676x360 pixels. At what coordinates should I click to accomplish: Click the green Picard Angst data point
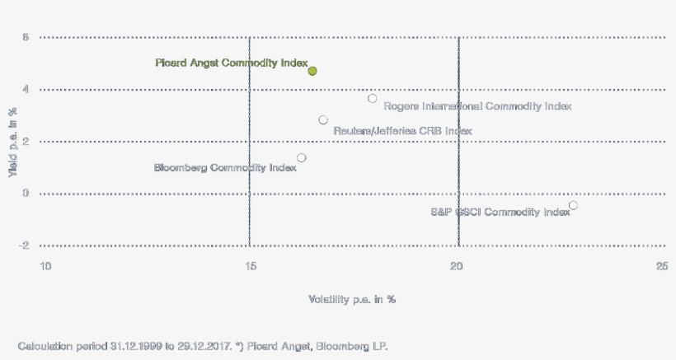point(312,71)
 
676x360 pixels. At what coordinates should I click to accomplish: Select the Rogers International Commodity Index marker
point(373,98)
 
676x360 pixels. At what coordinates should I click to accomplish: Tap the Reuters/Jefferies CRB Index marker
point(323,120)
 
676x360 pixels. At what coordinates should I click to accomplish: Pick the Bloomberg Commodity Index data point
point(302,157)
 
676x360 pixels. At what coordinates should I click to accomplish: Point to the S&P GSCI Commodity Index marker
point(573,205)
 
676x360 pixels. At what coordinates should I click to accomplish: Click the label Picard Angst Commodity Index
point(231,63)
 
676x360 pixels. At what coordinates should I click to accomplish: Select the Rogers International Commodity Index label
point(477,106)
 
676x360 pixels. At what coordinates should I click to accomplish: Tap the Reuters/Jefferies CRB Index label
point(402,131)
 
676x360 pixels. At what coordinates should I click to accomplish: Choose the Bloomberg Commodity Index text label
point(225,168)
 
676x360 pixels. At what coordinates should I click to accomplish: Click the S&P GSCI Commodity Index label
point(500,213)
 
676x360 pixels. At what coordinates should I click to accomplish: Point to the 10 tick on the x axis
point(46,266)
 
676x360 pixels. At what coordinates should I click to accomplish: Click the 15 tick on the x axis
point(251,266)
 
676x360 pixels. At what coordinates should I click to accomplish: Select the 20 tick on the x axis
point(458,266)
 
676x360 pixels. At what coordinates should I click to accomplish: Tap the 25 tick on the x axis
point(662,266)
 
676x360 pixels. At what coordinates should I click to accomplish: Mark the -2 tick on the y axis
point(25,245)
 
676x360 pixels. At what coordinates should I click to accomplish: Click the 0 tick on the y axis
point(26,194)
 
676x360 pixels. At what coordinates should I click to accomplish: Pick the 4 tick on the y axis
point(26,89)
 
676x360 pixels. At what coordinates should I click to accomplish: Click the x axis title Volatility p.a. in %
point(352,299)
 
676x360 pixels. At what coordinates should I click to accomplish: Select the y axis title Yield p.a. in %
point(13,141)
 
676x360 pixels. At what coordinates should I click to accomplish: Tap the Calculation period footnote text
point(202,346)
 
